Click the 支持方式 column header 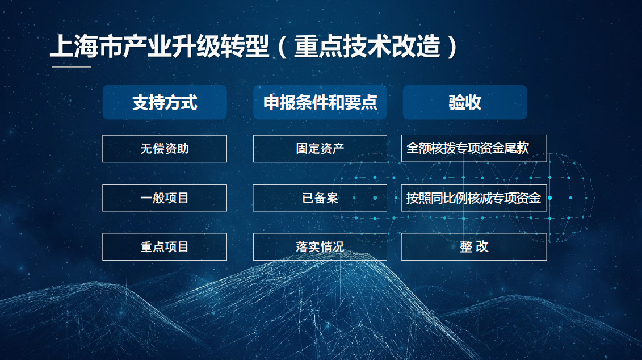pos(165,102)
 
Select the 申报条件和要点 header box pos(320,102)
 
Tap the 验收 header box pos(465,102)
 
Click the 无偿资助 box pos(165,149)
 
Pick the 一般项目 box pos(165,198)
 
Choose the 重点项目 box pos(165,247)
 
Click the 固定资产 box pos(320,149)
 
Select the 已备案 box pos(320,198)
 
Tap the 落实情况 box pos(320,247)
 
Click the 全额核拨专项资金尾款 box pos(474,148)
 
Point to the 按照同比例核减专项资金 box pos(474,198)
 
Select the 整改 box pos(474,247)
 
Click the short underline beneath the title pos(72,66)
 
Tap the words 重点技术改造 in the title pos(367,46)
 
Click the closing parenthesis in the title pos(452,47)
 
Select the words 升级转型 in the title pos(220,46)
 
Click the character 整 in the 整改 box pos(466,247)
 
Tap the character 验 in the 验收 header pos(456,102)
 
